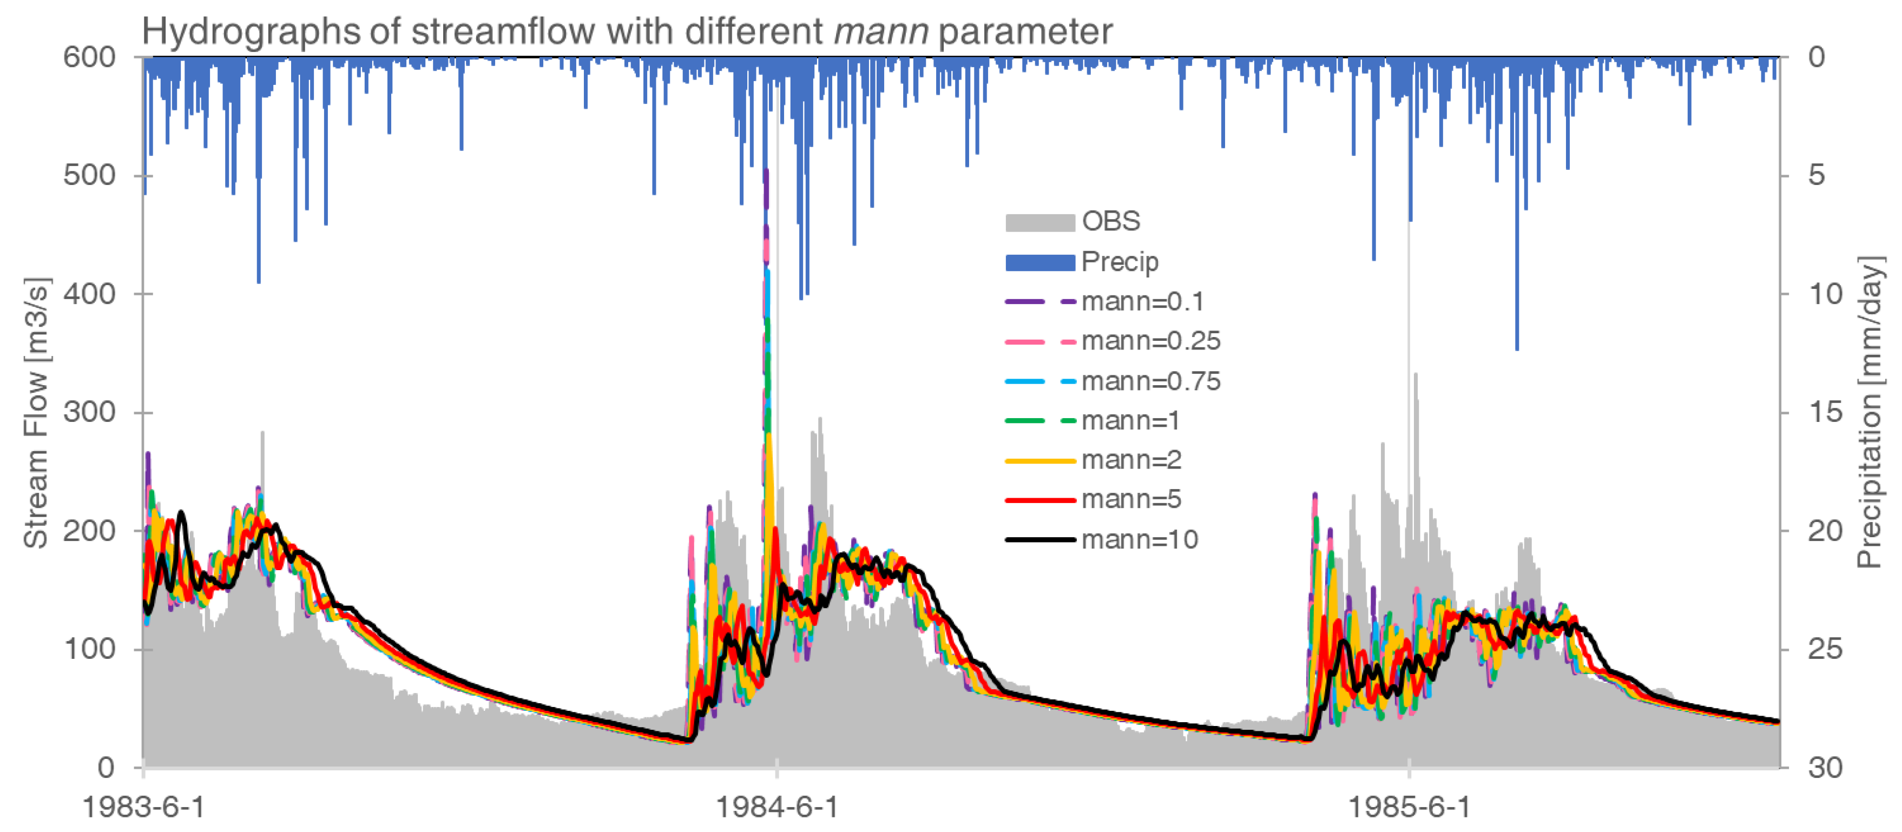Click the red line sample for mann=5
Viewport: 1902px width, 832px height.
[x=1039, y=500]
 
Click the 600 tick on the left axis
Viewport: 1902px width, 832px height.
[x=89, y=57]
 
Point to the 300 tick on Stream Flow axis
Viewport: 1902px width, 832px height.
[x=89, y=412]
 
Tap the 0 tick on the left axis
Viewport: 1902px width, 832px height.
[x=106, y=768]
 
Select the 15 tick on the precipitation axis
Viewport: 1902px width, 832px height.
[x=1826, y=412]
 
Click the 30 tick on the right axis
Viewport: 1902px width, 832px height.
[x=1826, y=768]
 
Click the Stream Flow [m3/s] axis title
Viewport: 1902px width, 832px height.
[x=35, y=413]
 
